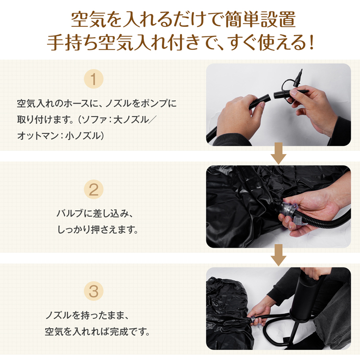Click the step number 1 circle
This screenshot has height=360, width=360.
click(x=94, y=79)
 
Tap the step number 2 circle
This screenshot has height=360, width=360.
click(x=94, y=190)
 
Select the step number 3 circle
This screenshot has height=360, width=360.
click(x=94, y=291)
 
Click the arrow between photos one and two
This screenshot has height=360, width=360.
click(x=278, y=153)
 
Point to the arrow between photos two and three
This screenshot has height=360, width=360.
click(x=278, y=255)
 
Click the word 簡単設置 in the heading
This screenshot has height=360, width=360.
click(x=260, y=20)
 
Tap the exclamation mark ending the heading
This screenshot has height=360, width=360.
click(x=312, y=43)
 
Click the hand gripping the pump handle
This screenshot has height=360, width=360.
click(x=314, y=273)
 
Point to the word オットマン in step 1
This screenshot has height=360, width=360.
click(x=38, y=136)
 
